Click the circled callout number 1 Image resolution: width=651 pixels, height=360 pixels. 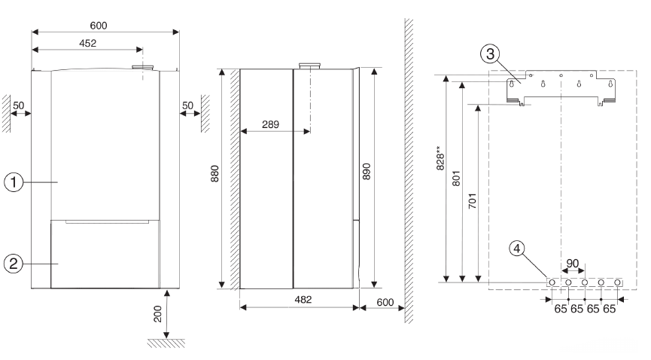pos(13,182)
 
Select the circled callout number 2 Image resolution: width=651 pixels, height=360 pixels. pos(13,264)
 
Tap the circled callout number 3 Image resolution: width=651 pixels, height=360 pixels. pos(491,53)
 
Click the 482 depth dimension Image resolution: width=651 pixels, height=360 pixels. pos(301,300)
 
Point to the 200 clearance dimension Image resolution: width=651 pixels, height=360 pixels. pos(158,314)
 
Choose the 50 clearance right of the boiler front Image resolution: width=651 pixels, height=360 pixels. pos(187,104)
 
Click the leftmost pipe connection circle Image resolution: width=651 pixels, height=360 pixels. pos(553,282)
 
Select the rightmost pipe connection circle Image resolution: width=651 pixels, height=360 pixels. pos(618,282)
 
